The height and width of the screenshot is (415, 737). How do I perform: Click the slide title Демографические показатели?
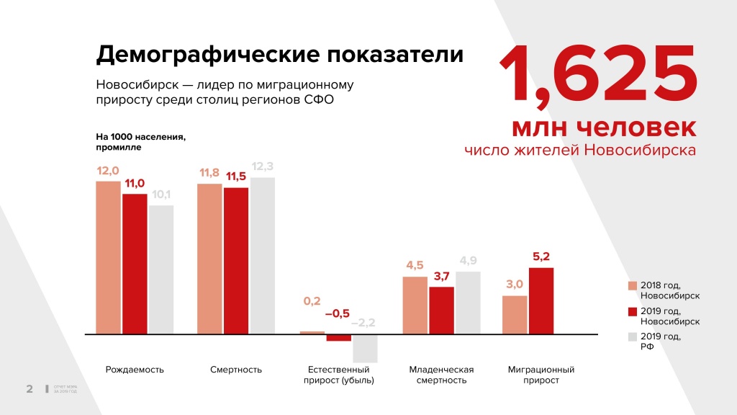click(280, 55)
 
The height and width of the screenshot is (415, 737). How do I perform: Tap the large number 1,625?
click(597, 75)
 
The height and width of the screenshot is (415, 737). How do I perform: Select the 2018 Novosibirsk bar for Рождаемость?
click(108, 257)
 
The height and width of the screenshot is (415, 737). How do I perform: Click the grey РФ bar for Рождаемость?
click(161, 269)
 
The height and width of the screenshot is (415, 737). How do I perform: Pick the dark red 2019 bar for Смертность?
click(236, 261)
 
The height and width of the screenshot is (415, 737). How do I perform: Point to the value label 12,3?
click(263, 166)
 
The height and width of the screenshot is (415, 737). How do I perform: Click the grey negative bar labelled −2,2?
click(366, 349)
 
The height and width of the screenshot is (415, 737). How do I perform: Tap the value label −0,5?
click(338, 313)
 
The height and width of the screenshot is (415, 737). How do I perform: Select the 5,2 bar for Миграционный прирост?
click(541, 300)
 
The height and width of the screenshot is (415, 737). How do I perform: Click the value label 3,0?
click(514, 284)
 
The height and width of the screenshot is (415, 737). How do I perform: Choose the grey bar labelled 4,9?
click(468, 303)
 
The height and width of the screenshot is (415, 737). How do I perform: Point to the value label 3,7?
click(441, 275)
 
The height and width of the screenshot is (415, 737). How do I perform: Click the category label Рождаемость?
click(135, 370)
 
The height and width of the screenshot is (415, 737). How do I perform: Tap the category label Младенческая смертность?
click(441, 375)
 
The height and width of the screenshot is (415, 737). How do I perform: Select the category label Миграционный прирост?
click(541, 375)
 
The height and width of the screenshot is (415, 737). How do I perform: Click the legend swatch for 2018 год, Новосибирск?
click(633, 286)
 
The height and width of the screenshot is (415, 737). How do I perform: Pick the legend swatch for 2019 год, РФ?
click(633, 337)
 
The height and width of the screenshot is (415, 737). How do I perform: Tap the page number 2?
click(30, 390)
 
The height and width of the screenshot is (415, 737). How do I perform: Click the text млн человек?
click(603, 127)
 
